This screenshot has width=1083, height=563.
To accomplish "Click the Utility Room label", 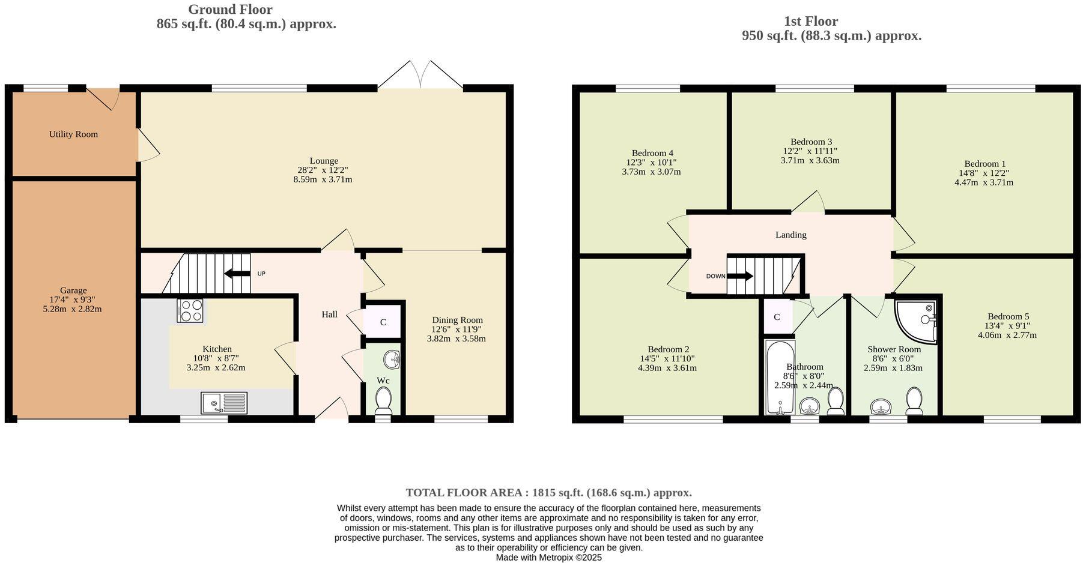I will [x=73, y=134].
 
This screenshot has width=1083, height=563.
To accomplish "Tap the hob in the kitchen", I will [x=190, y=311].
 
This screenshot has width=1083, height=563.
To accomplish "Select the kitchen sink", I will [x=223, y=403].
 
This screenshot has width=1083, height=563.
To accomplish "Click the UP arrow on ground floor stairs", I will [x=237, y=274].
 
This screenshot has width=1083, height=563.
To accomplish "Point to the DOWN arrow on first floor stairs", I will [x=739, y=276].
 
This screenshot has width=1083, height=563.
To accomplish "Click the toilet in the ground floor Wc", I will [x=383, y=400].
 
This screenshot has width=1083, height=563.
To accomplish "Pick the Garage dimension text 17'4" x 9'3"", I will [x=73, y=300].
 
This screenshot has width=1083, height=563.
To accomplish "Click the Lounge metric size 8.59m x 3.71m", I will [x=323, y=179].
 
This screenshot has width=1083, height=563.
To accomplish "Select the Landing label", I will [x=790, y=235].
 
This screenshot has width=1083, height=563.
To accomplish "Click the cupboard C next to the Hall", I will [x=383, y=322].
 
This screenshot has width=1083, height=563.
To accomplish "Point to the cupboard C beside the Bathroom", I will [x=777, y=317].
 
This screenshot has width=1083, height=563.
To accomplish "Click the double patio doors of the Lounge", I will [x=420, y=76].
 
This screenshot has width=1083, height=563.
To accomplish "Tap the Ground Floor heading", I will [x=230, y=10].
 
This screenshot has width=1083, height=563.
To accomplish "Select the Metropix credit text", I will [x=548, y=557].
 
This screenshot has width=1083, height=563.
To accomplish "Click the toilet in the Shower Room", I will [x=914, y=400].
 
